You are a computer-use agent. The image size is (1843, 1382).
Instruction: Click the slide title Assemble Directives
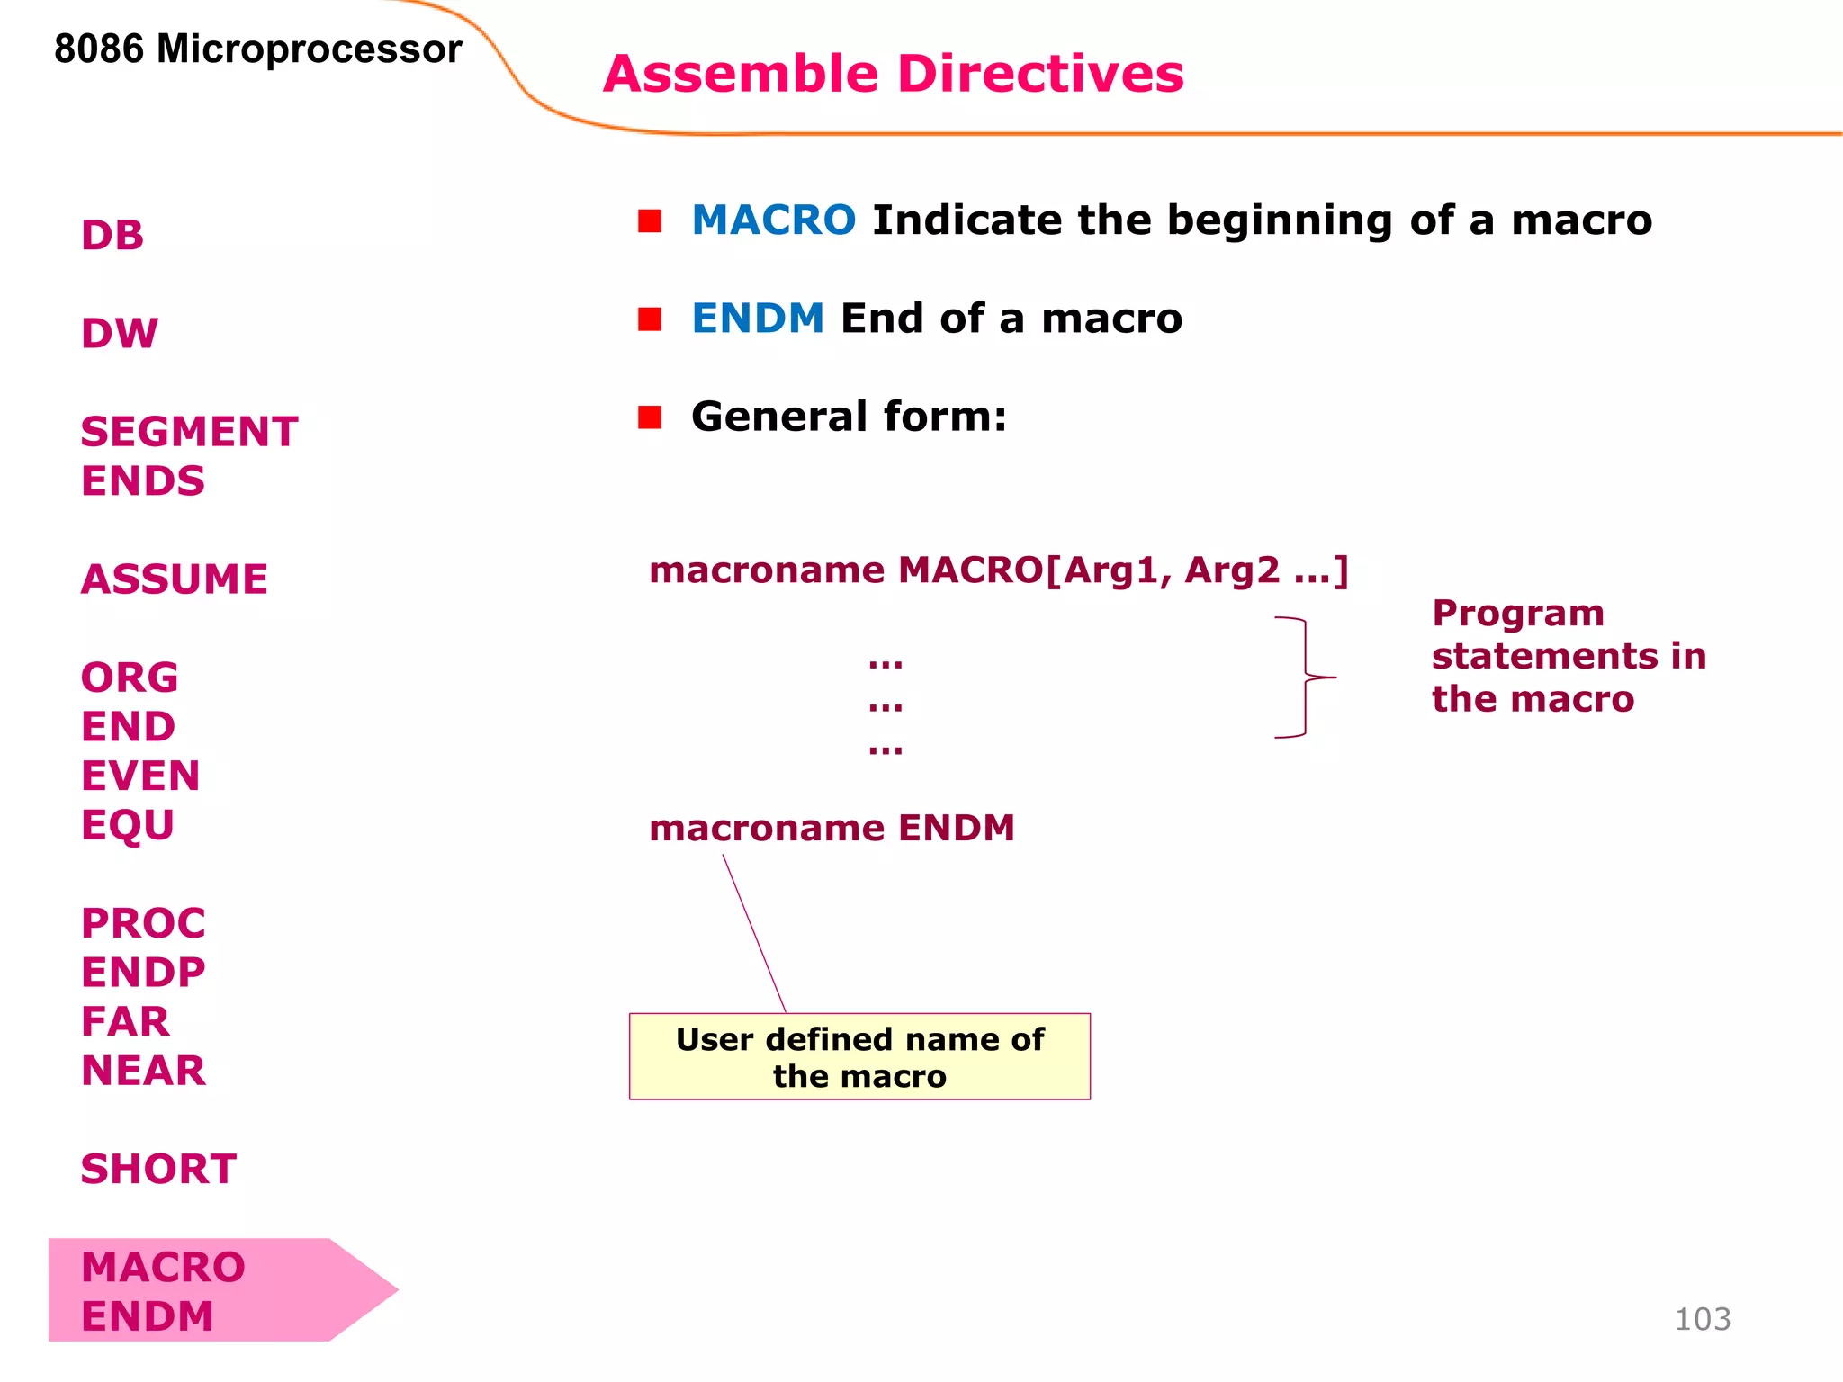click(x=893, y=74)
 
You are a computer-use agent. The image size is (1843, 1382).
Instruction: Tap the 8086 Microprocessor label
click(x=257, y=49)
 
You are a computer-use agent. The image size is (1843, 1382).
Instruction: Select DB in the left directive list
click(x=112, y=236)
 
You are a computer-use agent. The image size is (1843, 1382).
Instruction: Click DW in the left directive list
click(x=120, y=334)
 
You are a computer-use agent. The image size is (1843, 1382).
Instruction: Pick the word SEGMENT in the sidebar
click(x=189, y=432)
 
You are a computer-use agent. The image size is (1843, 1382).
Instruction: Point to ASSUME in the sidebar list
click(x=175, y=579)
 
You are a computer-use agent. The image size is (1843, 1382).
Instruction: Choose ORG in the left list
click(x=130, y=678)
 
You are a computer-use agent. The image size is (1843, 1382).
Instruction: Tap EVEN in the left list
click(x=140, y=776)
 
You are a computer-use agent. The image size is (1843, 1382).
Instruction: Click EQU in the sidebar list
click(x=128, y=825)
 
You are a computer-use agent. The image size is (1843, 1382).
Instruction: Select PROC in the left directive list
click(x=143, y=923)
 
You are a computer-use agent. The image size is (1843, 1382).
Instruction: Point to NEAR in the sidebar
click(x=143, y=1071)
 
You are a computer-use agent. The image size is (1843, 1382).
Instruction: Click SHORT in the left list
click(x=158, y=1169)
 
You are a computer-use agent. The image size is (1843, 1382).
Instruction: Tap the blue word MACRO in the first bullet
click(x=773, y=220)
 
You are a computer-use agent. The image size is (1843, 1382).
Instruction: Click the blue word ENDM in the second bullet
click(x=758, y=319)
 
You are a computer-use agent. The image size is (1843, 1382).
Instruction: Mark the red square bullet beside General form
click(x=650, y=417)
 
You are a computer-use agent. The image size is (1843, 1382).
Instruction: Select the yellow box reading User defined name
click(x=859, y=1056)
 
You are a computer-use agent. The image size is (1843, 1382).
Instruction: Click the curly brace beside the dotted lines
click(x=1305, y=677)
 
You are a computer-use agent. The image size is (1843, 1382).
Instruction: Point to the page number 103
click(x=1702, y=1319)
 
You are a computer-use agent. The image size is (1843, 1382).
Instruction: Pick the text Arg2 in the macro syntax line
click(x=1231, y=570)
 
